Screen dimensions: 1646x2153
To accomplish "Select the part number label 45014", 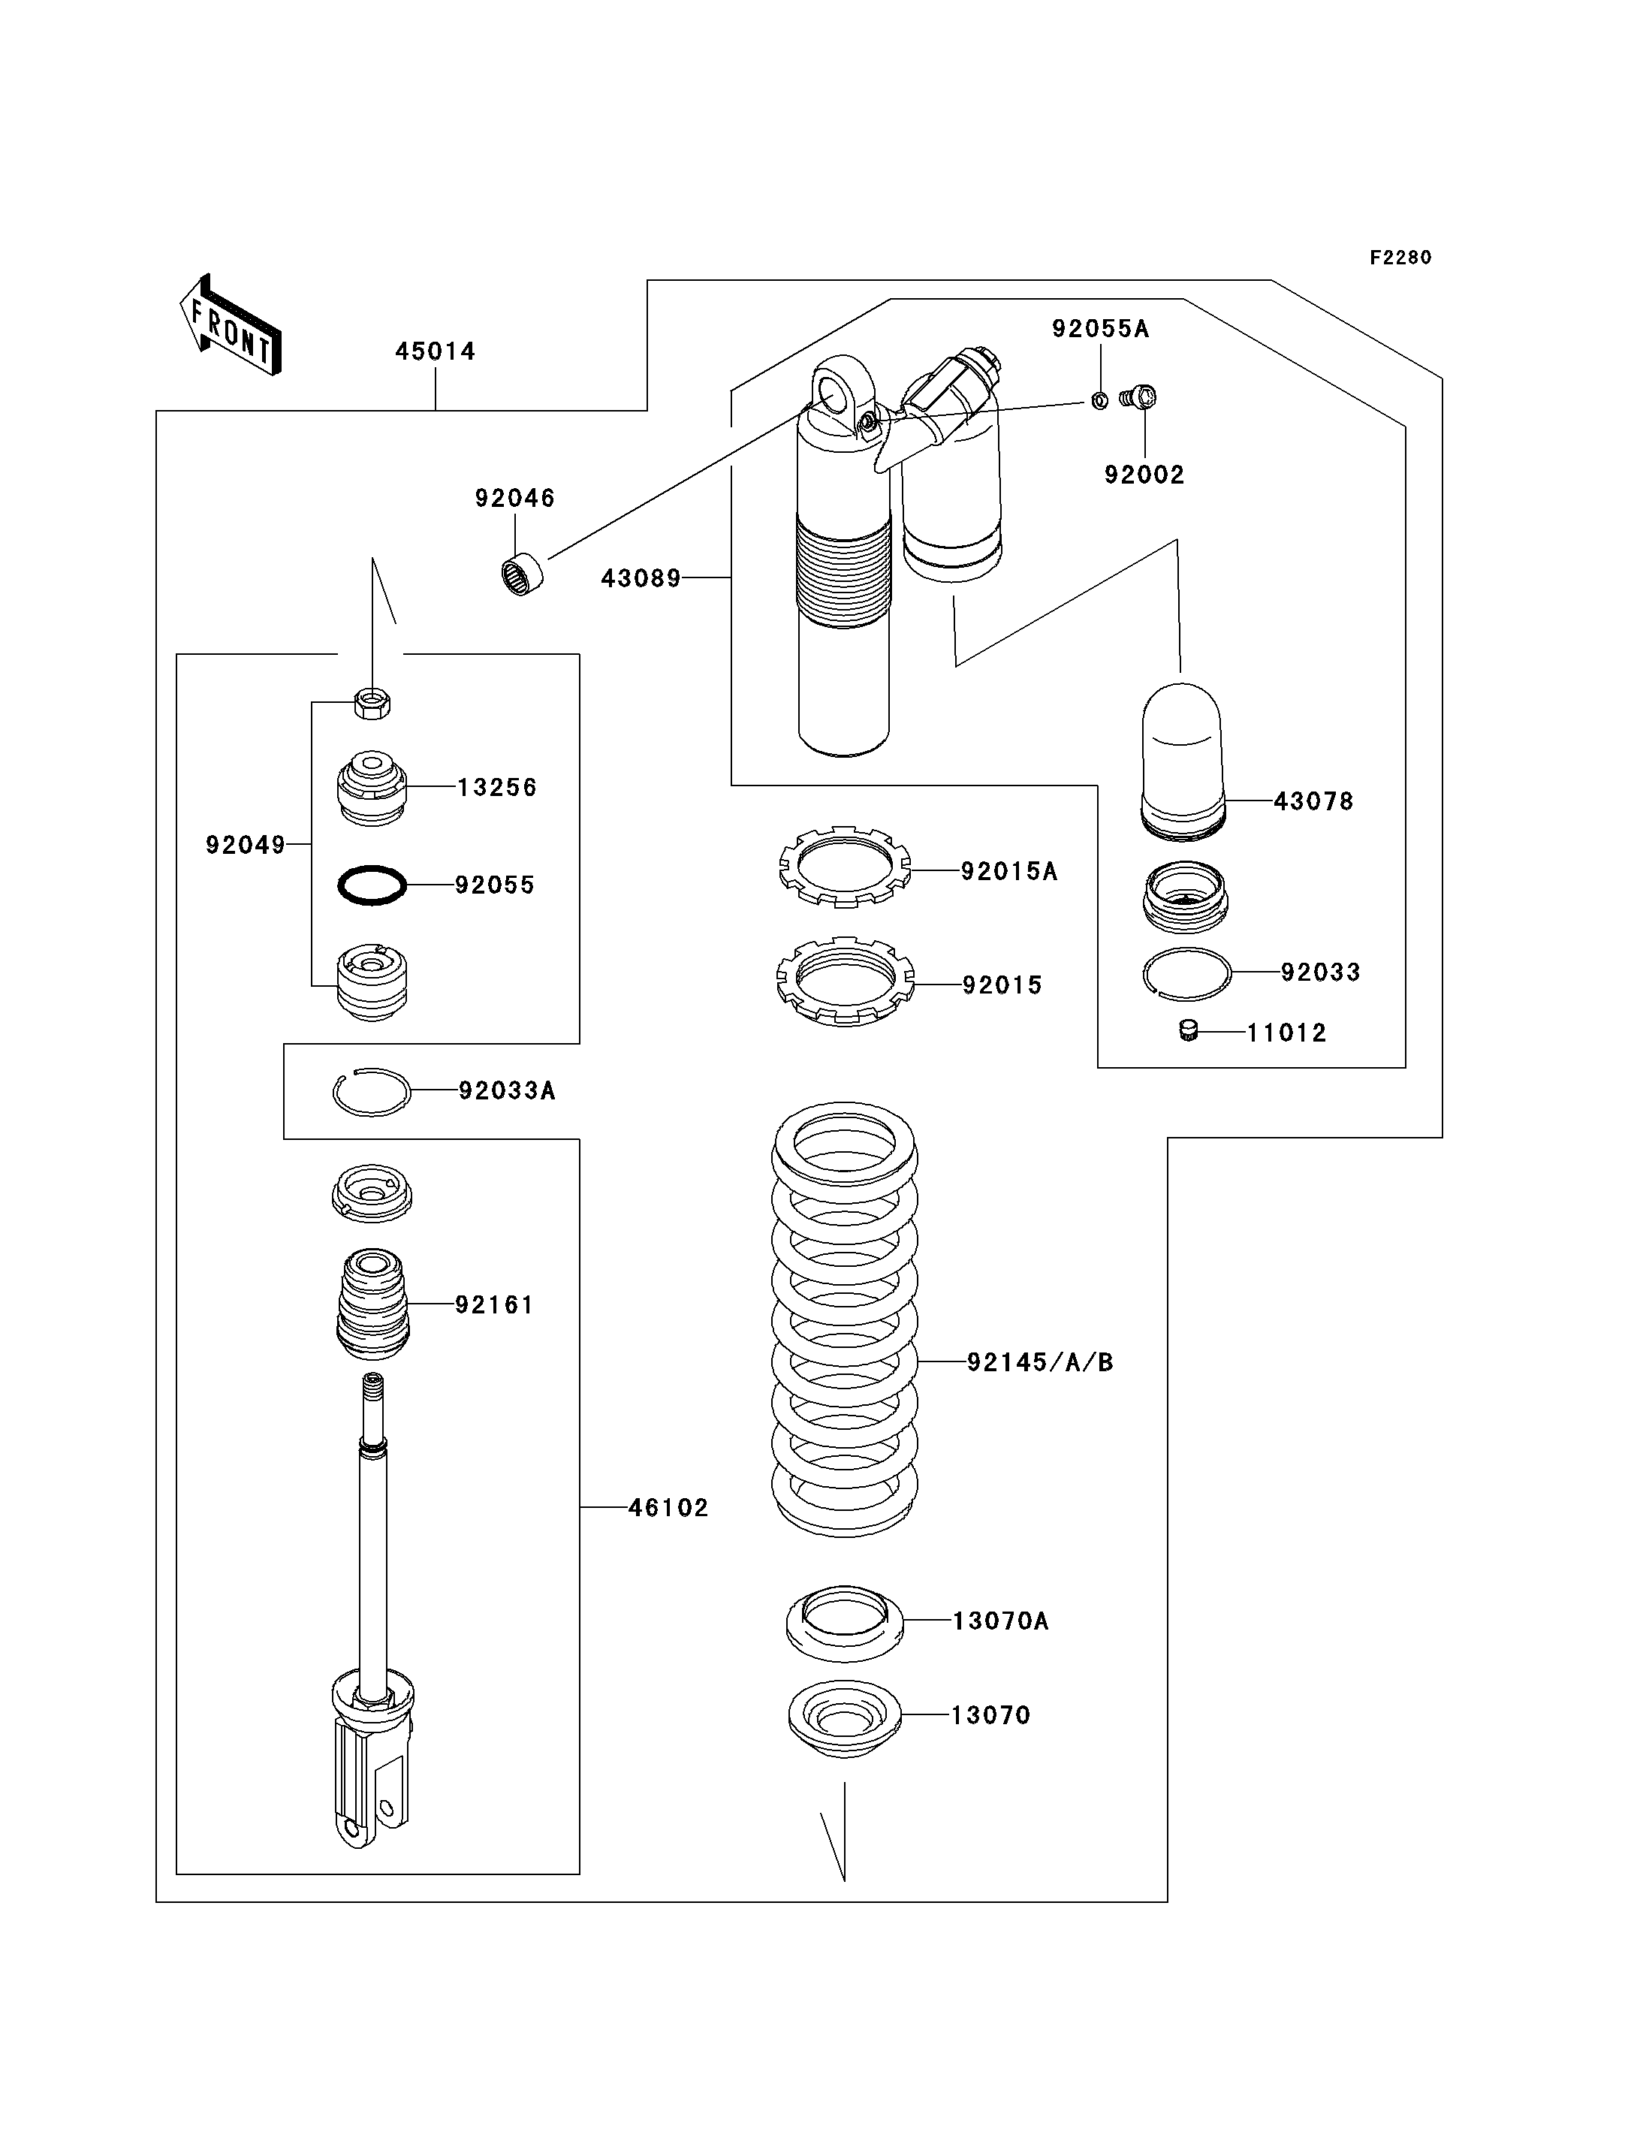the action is [435, 351].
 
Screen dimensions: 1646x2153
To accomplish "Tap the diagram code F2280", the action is [1400, 258].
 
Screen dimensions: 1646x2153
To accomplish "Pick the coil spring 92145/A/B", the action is [845, 1319].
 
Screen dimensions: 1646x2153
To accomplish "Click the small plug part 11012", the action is [1189, 1030].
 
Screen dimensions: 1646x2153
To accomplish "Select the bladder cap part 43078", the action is [1183, 761].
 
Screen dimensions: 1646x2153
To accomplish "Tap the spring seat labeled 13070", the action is [845, 1722].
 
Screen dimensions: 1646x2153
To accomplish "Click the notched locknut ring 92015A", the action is [845, 867].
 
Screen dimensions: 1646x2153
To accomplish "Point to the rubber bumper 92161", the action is [372, 1304].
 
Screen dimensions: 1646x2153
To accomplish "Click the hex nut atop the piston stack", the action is [372, 703].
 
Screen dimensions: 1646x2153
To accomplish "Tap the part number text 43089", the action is [641, 578].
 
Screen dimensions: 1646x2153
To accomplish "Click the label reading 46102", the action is [668, 1507].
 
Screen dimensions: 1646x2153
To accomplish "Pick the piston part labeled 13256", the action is [372, 788].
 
